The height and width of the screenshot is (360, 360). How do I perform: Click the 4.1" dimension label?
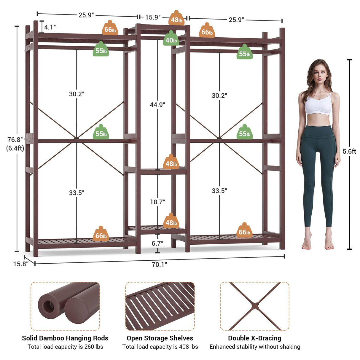click(x=50, y=27)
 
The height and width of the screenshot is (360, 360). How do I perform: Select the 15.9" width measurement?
click(x=153, y=17)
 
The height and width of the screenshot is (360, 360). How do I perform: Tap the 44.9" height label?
click(x=157, y=105)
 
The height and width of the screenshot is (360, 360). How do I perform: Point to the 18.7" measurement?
click(x=157, y=202)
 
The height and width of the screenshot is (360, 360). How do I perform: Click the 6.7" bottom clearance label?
click(x=157, y=243)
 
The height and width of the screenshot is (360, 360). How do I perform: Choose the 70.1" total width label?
click(x=160, y=265)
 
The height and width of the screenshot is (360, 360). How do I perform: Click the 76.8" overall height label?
click(x=15, y=140)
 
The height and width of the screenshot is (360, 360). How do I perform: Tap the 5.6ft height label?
click(x=349, y=151)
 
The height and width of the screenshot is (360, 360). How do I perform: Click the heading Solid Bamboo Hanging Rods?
click(x=65, y=338)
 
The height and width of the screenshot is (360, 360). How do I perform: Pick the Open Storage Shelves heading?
click(x=160, y=338)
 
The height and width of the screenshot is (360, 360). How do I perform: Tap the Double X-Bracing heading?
click(x=255, y=338)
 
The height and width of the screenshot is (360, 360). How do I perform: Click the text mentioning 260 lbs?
click(x=65, y=347)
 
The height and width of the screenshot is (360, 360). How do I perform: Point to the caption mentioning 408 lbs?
click(x=160, y=347)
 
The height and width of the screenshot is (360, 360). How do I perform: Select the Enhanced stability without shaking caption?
click(x=255, y=347)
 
